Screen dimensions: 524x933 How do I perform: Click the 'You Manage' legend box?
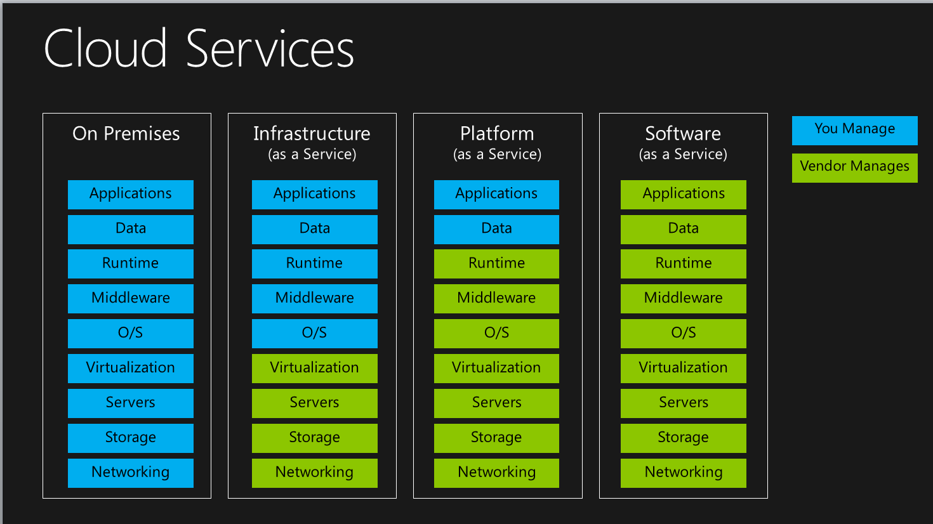(x=854, y=130)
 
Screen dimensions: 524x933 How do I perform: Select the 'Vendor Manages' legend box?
(x=854, y=167)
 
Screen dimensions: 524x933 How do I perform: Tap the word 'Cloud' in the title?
(x=105, y=49)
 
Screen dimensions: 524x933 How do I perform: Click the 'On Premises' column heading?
(x=126, y=134)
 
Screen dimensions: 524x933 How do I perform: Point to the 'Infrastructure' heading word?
(x=312, y=134)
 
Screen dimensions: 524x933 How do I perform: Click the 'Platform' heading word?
(x=497, y=134)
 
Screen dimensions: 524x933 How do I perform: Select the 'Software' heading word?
(x=683, y=134)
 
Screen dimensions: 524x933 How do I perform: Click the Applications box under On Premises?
(x=131, y=194)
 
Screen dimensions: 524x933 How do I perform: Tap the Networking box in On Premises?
(x=131, y=473)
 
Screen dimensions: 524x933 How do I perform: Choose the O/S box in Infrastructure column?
(x=315, y=333)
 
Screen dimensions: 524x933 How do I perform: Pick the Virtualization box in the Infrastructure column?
(x=315, y=368)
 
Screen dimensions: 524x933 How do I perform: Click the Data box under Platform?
(x=496, y=229)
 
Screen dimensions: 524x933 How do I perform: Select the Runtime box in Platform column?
(x=496, y=263)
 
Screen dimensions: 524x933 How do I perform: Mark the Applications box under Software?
(x=684, y=194)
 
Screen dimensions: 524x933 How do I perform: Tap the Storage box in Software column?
(x=684, y=438)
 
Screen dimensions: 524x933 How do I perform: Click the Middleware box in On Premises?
(x=131, y=298)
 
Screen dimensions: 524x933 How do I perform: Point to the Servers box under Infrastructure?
(x=315, y=403)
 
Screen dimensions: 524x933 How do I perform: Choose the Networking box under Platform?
(x=496, y=473)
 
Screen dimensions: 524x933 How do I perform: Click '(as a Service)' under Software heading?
(x=683, y=154)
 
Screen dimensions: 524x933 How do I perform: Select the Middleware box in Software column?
(x=684, y=298)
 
